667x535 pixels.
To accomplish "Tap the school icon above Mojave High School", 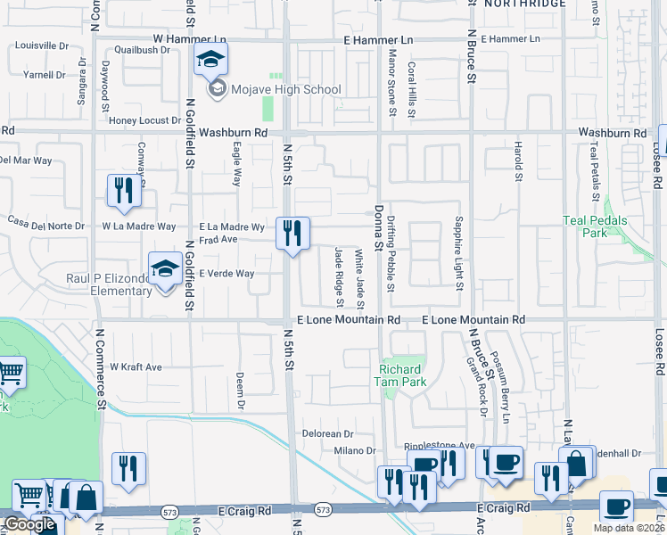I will [x=211, y=61].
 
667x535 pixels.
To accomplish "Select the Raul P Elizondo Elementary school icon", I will [x=165, y=269].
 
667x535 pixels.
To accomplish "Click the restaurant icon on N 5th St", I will [x=292, y=235].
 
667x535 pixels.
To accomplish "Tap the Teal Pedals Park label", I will [x=596, y=226].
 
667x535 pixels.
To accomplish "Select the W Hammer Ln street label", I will [x=189, y=40].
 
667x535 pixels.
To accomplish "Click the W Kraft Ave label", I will [x=136, y=366].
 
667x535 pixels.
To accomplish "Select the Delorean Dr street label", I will [x=328, y=433].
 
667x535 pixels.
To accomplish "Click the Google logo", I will [x=29, y=524].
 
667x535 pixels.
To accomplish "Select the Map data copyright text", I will [x=629, y=528].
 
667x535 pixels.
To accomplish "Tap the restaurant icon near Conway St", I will [x=124, y=192].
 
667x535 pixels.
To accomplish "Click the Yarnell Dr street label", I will [x=44, y=75].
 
